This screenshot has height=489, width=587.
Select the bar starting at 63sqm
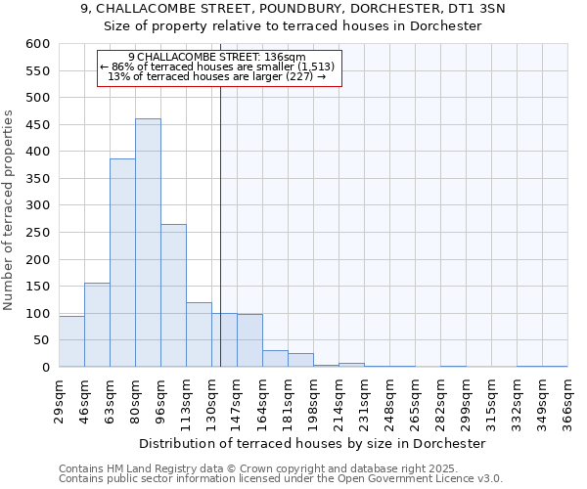[x=122, y=263]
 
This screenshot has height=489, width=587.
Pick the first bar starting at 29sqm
[x=71, y=341]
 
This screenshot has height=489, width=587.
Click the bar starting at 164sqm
[x=275, y=358]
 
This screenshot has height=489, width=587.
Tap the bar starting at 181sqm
[x=300, y=360]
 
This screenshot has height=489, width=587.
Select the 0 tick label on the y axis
[x=45, y=368]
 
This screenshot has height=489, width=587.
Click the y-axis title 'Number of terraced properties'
[x=10, y=210]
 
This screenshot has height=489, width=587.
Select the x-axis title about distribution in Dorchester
[x=312, y=444]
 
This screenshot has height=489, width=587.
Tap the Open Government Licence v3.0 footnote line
[x=281, y=479]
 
